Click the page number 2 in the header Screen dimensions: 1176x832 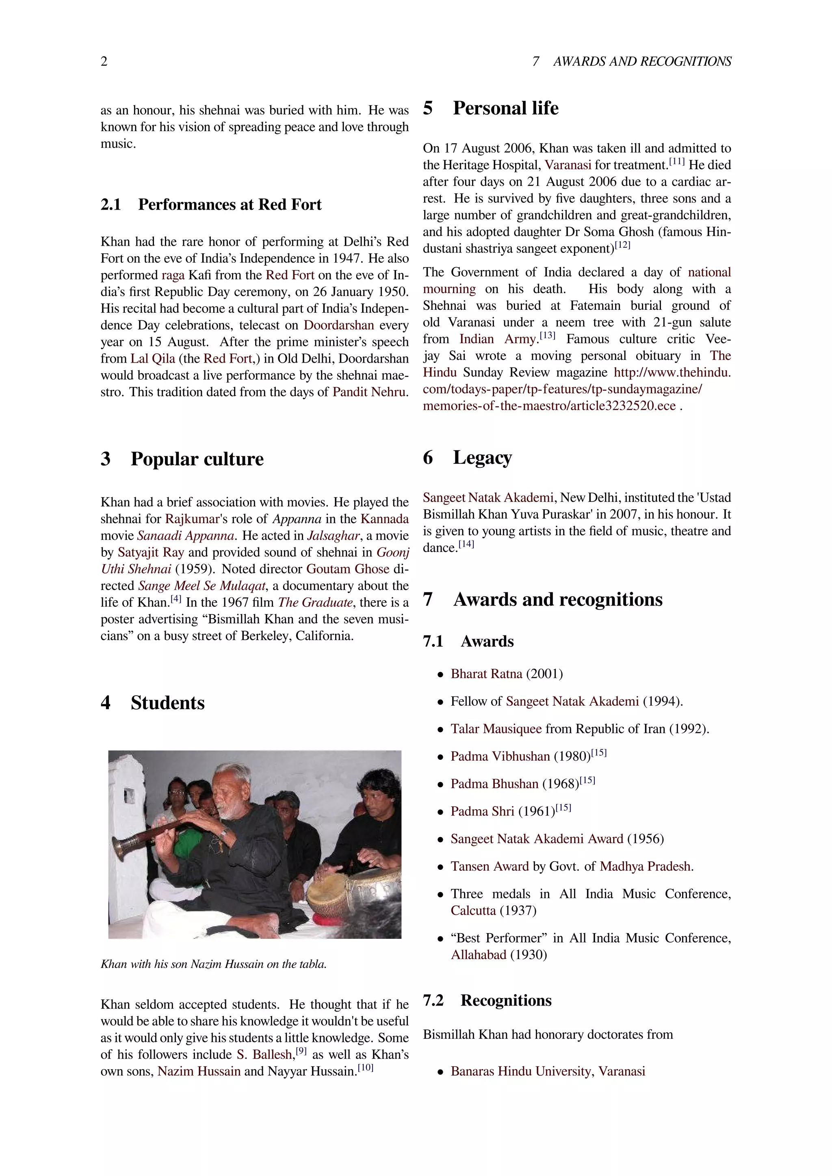click(104, 61)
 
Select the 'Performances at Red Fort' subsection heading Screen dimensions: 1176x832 click(230, 204)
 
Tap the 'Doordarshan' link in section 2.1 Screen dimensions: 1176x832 click(339, 325)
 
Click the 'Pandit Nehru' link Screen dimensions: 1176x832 click(369, 392)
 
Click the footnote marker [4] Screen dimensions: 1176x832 click(176, 599)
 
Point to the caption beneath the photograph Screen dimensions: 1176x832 click(213, 964)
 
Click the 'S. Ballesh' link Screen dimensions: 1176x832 click(264, 1055)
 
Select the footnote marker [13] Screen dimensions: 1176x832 click(548, 336)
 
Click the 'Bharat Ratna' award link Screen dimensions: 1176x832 click(486, 674)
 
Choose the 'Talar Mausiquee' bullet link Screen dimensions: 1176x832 click(495, 729)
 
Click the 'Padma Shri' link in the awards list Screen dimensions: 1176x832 click(482, 812)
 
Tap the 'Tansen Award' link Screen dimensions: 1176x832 click(489, 867)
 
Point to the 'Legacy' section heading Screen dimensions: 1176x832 click(482, 457)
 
